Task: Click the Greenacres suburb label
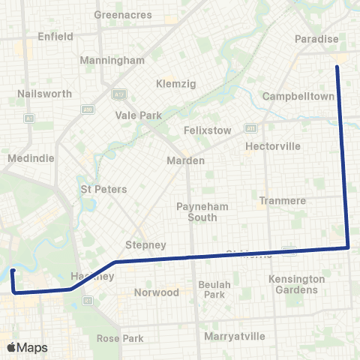pyautogui.click(x=123, y=15)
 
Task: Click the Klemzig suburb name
pyautogui.click(x=175, y=83)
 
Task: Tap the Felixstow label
pyautogui.click(x=208, y=130)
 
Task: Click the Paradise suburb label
pyautogui.click(x=317, y=39)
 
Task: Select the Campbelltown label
pyautogui.click(x=298, y=97)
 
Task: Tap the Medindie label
pyautogui.click(x=27, y=159)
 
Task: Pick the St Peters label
pyautogui.click(x=104, y=189)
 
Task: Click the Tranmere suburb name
pyautogui.click(x=279, y=200)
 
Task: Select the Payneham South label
pyautogui.click(x=196, y=211)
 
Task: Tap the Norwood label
pyautogui.click(x=157, y=292)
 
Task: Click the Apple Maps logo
pyautogui.click(x=28, y=347)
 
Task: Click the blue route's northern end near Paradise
pyautogui.click(x=337, y=67)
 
